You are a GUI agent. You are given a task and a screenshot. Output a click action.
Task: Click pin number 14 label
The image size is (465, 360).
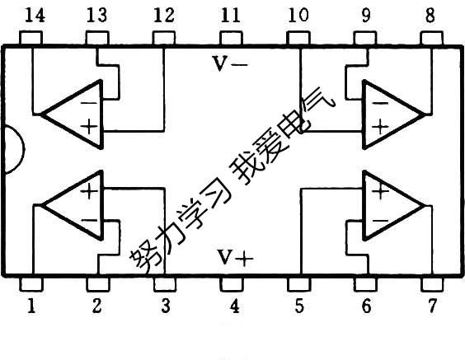31,14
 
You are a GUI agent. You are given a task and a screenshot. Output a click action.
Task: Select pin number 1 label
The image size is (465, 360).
31,307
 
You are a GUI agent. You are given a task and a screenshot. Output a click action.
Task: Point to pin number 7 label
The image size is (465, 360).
433,307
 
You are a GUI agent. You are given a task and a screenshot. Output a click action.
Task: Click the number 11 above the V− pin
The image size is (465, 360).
232,14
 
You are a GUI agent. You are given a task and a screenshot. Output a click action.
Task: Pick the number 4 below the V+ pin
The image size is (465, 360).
234,307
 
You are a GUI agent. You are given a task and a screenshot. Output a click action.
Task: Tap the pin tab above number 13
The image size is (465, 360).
97,39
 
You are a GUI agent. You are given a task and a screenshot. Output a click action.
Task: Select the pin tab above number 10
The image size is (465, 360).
298,39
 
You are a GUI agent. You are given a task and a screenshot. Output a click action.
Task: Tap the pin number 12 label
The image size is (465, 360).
165,14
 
